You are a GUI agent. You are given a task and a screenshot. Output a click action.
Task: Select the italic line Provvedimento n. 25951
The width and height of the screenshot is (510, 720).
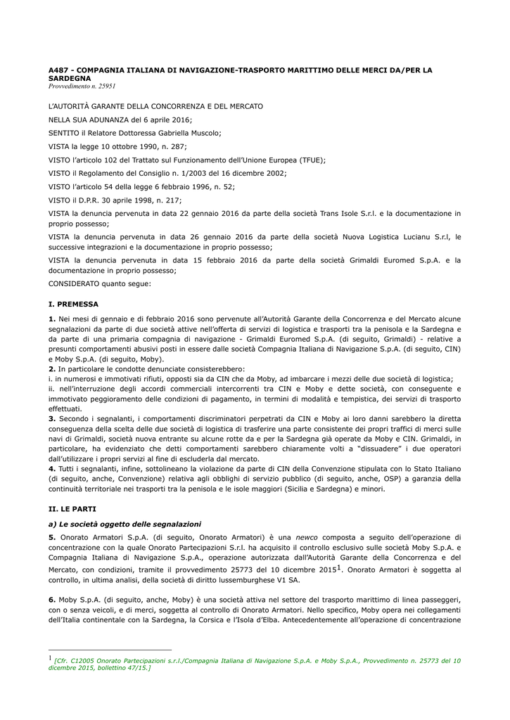[82, 86]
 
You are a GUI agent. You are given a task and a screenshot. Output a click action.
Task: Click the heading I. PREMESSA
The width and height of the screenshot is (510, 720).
[73, 304]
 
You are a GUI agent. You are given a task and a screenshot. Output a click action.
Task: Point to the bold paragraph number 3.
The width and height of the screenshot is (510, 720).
[51, 418]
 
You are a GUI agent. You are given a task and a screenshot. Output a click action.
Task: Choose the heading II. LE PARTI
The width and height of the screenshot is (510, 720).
[72, 508]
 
